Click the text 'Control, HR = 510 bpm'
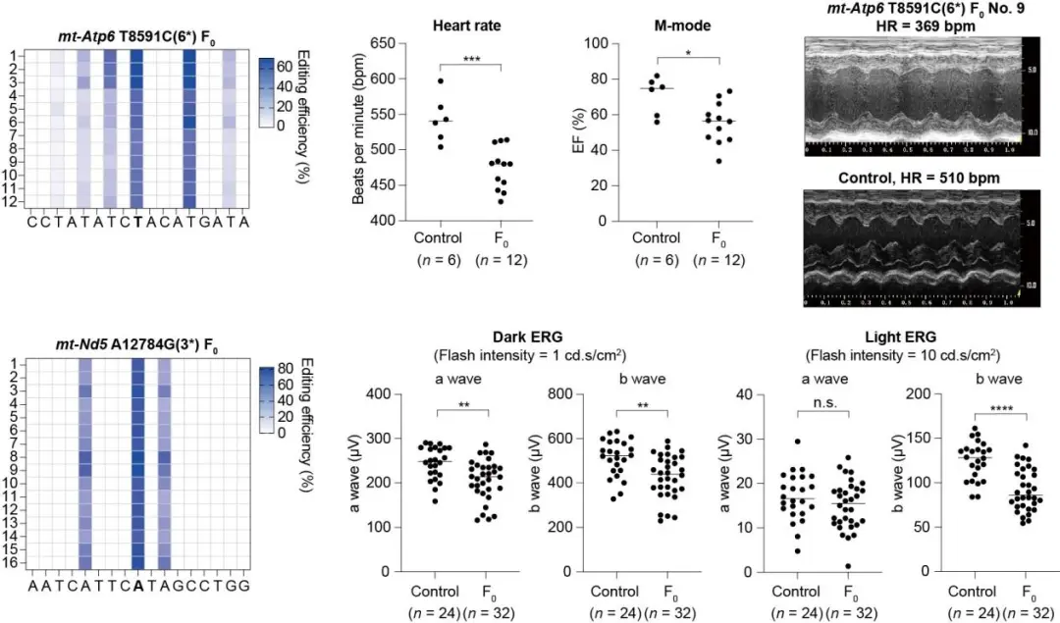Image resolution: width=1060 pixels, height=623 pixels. [913, 178]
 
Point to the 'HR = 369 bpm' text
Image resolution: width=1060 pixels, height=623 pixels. [913, 26]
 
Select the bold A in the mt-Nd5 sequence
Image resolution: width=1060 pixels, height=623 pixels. [137, 586]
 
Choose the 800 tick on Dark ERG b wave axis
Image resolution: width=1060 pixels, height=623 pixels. [561, 394]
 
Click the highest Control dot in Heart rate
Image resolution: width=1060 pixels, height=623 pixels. [441, 80]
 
